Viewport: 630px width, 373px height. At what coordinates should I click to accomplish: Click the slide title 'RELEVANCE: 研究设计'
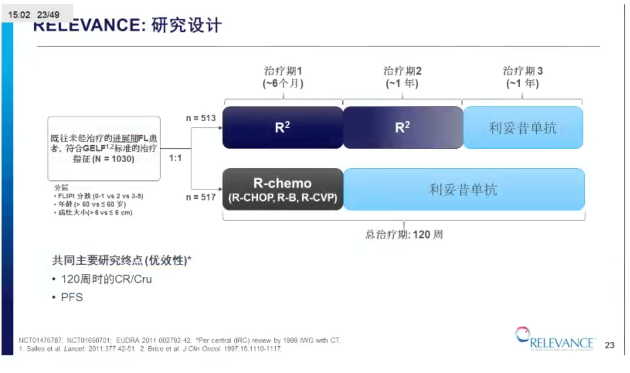pyautogui.click(x=127, y=26)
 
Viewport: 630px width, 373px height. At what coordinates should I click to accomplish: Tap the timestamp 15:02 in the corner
pyautogui.click(x=19, y=15)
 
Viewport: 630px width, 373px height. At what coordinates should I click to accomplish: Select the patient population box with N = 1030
pyautogui.click(x=104, y=149)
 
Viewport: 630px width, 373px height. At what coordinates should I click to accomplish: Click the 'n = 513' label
pyautogui.click(x=200, y=118)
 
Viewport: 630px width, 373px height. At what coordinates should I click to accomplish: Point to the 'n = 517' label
pyautogui.click(x=200, y=197)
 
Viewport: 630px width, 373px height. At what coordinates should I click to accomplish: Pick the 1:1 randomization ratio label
pyautogui.click(x=175, y=158)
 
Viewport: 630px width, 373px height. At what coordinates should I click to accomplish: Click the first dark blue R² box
pyautogui.click(x=282, y=128)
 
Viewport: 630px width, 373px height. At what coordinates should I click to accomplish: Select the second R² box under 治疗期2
pyautogui.click(x=402, y=128)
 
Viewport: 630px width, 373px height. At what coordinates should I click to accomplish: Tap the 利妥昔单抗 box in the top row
pyautogui.click(x=523, y=128)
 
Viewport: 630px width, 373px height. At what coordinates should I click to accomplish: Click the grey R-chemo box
pyautogui.click(x=282, y=189)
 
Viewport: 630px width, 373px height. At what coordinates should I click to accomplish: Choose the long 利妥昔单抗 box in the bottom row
pyautogui.click(x=463, y=189)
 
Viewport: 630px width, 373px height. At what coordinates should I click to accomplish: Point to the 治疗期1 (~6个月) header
pyautogui.click(x=283, y=77)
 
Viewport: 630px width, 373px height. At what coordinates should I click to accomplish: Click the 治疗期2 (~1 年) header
pyautogui.click(x=402, y=77)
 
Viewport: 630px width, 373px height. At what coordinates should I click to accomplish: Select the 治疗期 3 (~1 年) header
pyautogui.click(x=522, y=77)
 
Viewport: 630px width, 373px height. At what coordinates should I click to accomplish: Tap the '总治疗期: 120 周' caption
pyautogui.click(x=404, y=234)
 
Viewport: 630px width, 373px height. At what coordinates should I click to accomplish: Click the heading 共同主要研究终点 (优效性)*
pyautogui.click(x=122, y=260)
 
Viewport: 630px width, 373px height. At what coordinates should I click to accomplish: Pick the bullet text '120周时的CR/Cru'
pyautogui.click(x=106, y=279)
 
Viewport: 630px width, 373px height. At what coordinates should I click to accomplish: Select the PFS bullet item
pyautogui.click(x=72, y=297)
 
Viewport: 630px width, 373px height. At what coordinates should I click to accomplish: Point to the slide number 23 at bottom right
pyautogui.click(x=610, y=345)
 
